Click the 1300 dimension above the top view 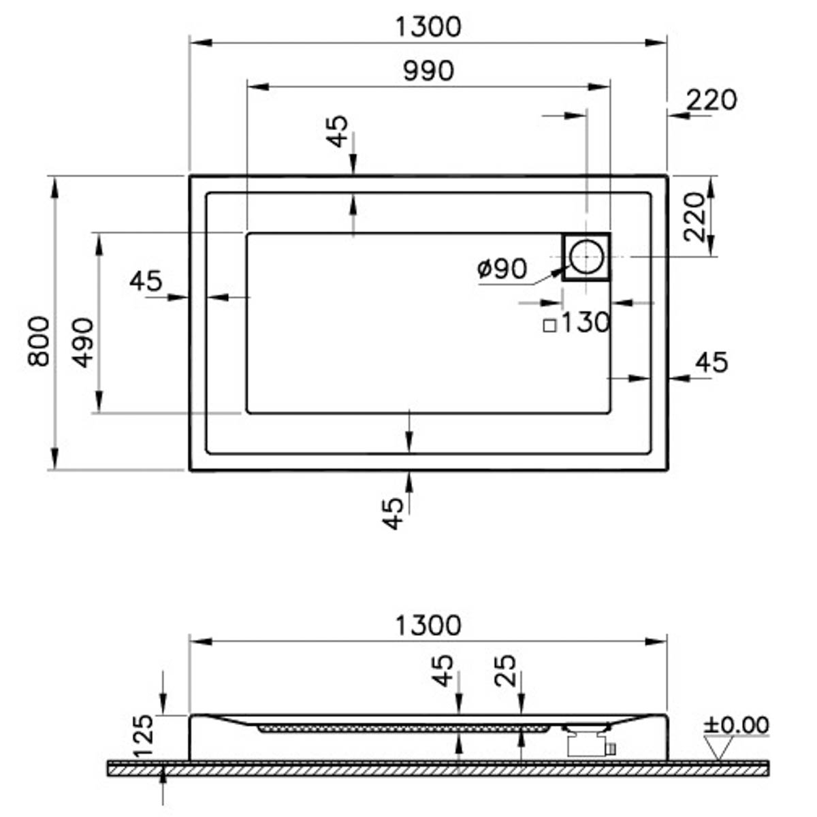tap(428, 27)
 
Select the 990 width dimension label tap(428, 71)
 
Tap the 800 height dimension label tap(39, 341)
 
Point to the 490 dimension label tap(84, 342)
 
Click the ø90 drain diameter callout tap(502, 269)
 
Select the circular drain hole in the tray tap(586, 257)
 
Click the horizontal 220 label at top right tap(711, 100)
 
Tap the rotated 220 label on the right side tap(695, 217)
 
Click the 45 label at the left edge tap(146, 280)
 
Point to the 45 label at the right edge tap(711, 362)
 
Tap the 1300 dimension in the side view tap(428, 624)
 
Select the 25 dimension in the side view tap(507, 671)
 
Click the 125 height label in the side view tap(144, 736)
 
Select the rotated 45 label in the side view tap(443, 671)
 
